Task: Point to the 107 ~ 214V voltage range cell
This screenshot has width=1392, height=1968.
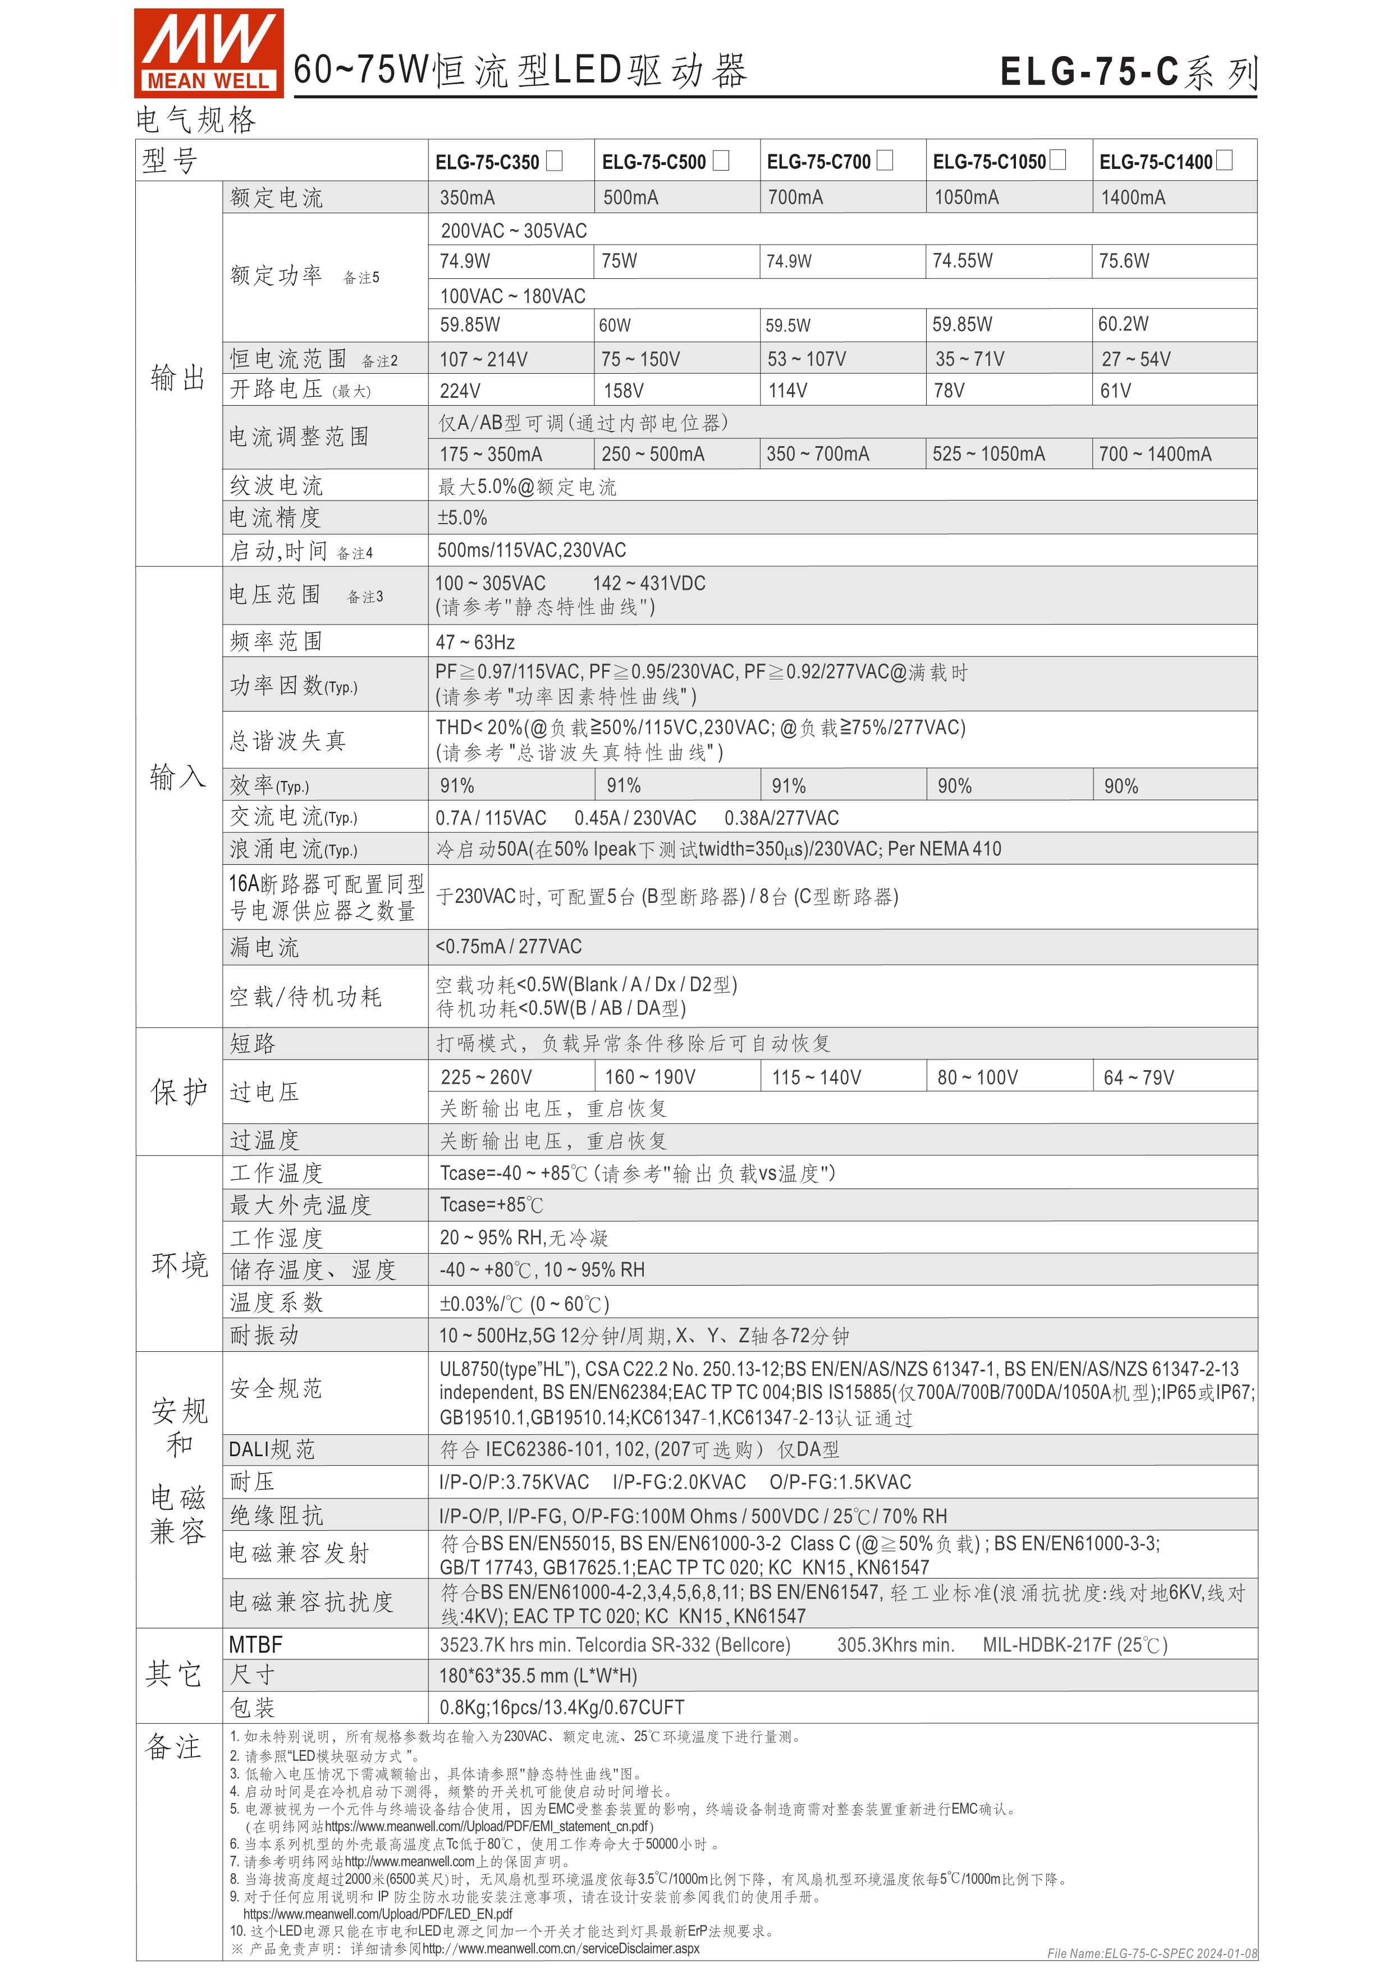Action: point(483,359)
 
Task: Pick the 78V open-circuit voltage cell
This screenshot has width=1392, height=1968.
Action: point(949,391)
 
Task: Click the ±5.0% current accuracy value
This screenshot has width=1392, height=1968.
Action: point(463,518)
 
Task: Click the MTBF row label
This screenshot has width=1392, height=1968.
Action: point(255,1645)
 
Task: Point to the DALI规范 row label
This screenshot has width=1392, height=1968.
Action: point(272,1449)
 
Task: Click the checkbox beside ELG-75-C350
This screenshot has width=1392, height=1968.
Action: point(555,160)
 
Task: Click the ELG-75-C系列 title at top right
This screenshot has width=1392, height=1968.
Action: point(1128,72)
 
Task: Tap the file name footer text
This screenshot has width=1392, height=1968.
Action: point(1151,1953)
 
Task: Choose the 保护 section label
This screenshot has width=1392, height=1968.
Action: point(178,1091)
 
